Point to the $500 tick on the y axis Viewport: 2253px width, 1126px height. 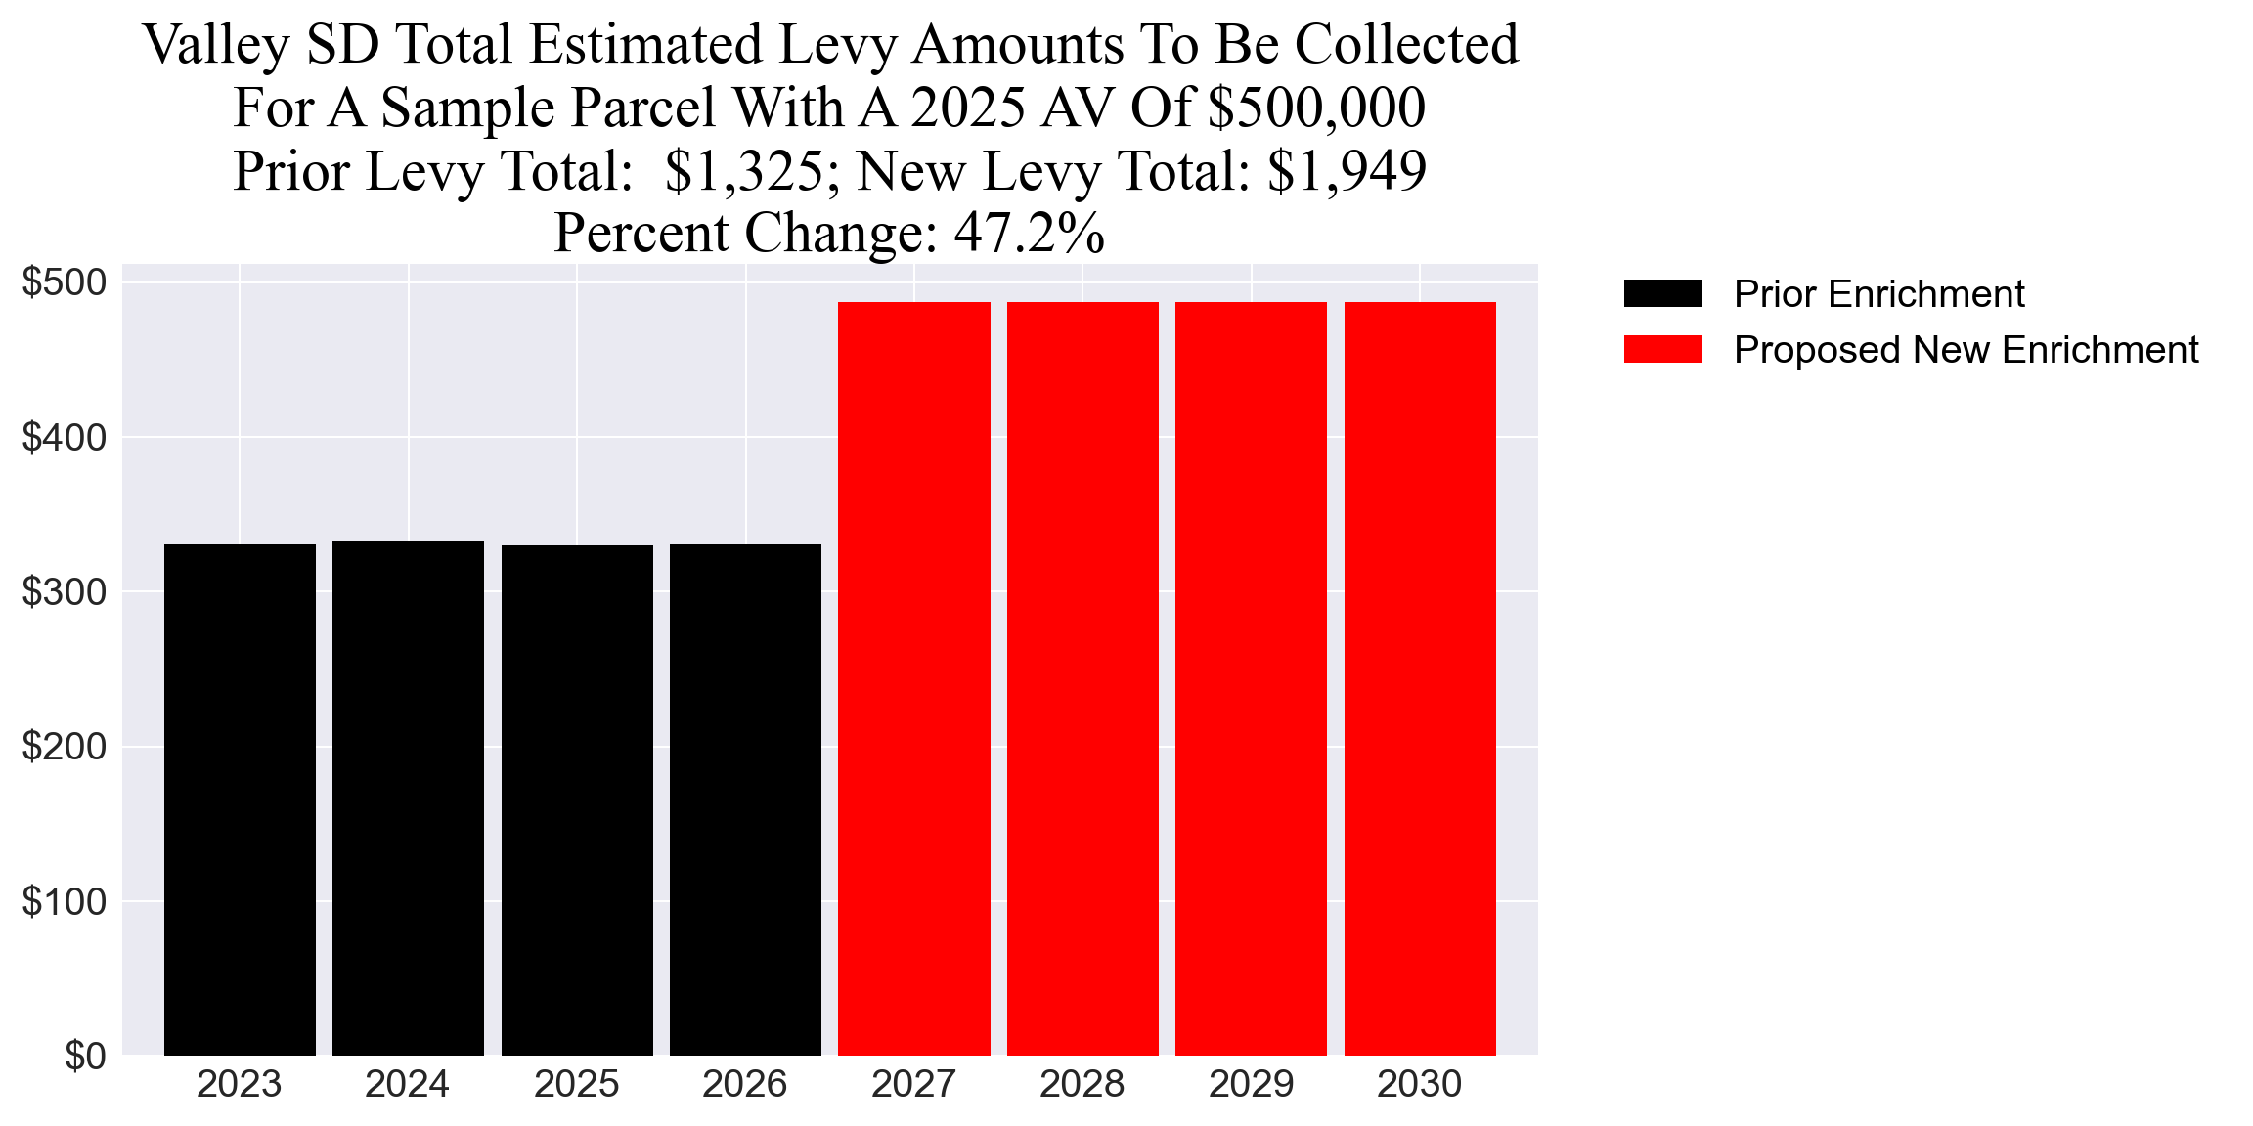coord(65,282)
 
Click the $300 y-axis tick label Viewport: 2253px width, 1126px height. coord(65,592)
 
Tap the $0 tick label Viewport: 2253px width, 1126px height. coord(85,1057)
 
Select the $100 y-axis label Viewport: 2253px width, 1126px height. coord(65,902)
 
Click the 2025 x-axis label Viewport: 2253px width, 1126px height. coord(576,1084)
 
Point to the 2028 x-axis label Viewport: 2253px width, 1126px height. coord(1082,1084)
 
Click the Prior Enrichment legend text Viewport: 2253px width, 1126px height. coord(1878,294)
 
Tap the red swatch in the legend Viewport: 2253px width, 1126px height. coord(1662,349)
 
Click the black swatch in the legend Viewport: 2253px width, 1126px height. coord(1662,293)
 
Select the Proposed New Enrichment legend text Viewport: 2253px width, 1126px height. coord(1966,350)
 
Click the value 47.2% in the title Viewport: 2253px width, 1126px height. coord(1029,234)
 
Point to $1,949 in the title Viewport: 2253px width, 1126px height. coord(1347,171)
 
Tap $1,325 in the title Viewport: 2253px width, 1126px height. coord(743,171)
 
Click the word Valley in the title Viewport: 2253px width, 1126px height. coord(216,46)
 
